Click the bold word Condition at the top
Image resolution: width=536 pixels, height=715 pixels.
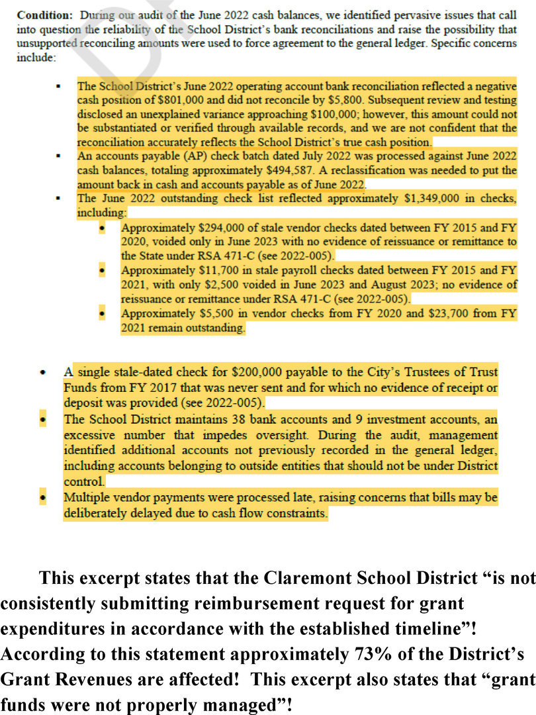(40, 15)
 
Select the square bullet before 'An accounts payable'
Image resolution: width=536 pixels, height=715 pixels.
(58, 156)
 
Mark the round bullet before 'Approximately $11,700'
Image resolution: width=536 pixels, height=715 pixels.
(103, 271)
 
